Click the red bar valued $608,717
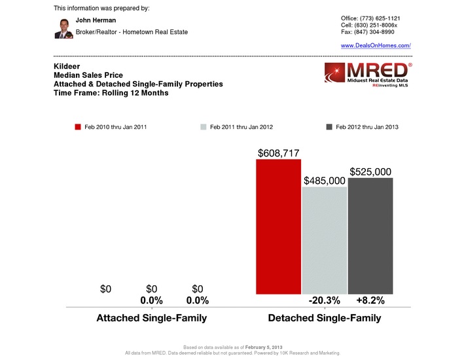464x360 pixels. point(278,226)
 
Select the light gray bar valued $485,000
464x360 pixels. point(324,241)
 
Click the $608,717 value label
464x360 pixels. point(279,152)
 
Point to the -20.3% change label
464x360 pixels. point(324,300)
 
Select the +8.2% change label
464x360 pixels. point(370,300)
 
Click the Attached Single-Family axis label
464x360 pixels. point(152,318)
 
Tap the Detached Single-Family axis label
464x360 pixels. point(325,318)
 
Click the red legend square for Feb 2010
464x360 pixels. point(77,127)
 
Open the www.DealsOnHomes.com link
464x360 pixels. point(376,45)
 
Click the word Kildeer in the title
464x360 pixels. point(66,67)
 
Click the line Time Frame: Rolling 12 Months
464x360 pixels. point(111,93)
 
